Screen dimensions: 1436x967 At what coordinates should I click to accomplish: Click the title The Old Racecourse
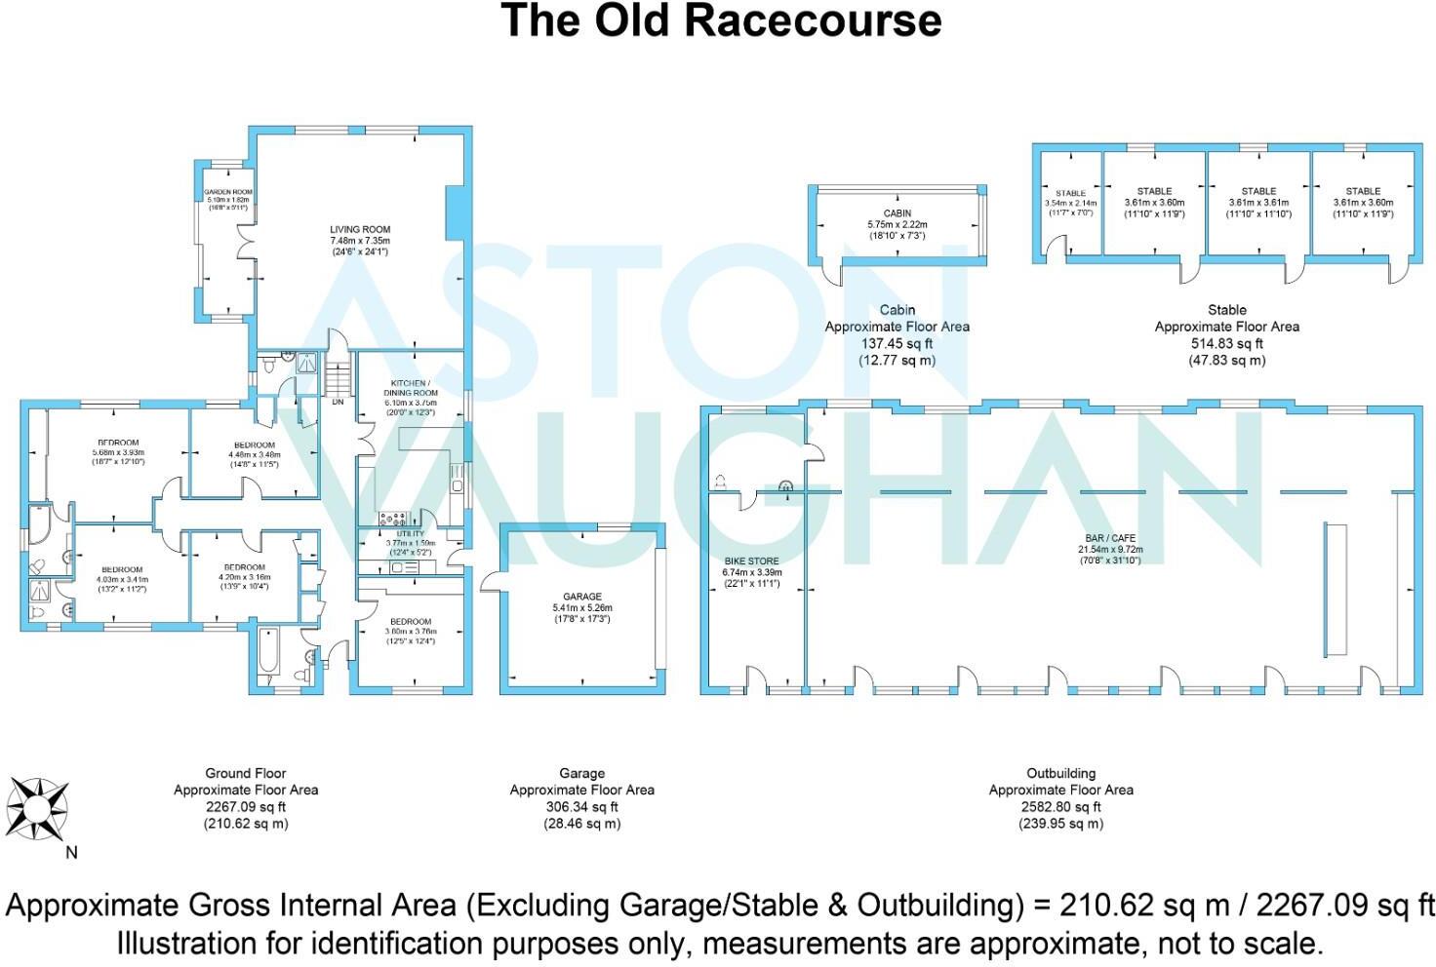point(720,21)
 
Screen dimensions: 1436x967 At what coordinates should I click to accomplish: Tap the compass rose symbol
point(37,808)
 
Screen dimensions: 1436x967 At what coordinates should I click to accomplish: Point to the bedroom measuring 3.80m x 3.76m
point(410,627)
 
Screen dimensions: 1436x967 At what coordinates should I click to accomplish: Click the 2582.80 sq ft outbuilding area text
point(1061,806)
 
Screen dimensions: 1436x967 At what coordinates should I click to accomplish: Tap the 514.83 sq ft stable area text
point(1226,343)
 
